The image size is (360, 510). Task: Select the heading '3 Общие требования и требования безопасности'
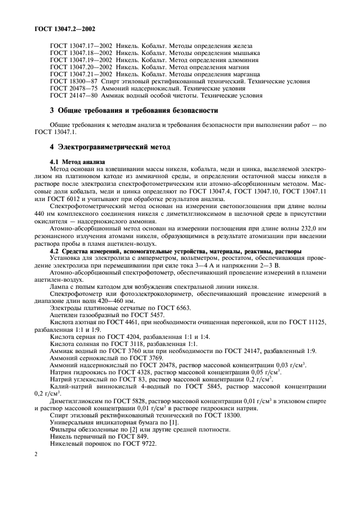pyautogui.click(x=134, y=111)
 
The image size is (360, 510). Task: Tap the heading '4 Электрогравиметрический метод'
pyautogui.click(x=111, y=147)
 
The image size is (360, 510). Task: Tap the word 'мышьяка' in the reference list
pyautogui.click(x=245, y=53)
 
